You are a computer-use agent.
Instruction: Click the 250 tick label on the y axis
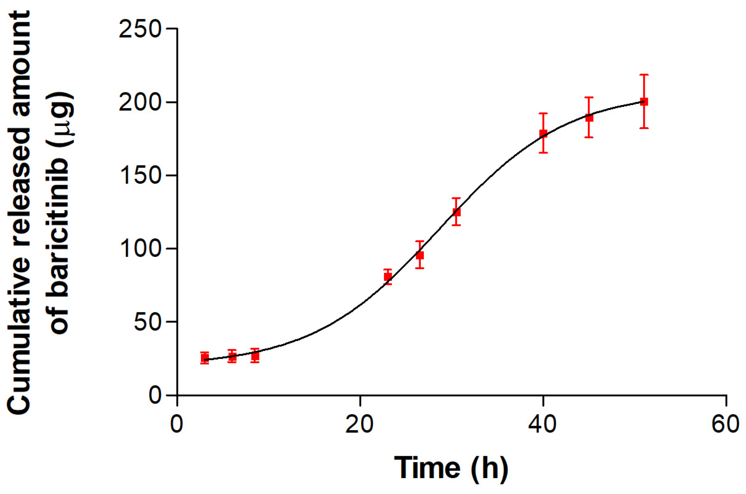(140, 29)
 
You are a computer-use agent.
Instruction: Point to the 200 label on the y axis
(140, 102)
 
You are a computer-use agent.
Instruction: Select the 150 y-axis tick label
(140, 175)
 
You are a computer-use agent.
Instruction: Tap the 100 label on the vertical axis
(140, 248)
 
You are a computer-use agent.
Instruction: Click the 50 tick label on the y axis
(147, 321)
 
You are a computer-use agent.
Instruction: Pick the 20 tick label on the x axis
(359, 424)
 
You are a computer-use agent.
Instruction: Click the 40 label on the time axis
(542, 424)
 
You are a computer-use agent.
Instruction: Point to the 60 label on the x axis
(726, 424)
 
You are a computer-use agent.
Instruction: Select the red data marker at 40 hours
(543, 134)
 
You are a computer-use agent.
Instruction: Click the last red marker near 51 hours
(644, 102)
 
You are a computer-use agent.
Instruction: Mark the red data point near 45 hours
(589, 118)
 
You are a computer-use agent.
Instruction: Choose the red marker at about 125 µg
(456, 212)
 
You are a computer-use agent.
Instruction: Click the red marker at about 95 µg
(420, 255)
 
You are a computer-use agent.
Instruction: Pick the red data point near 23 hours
(388, 277)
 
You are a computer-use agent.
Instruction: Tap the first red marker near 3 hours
(205, 358)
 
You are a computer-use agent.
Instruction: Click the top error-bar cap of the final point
(644, 75)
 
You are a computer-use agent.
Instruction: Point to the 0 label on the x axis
(177, 424)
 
